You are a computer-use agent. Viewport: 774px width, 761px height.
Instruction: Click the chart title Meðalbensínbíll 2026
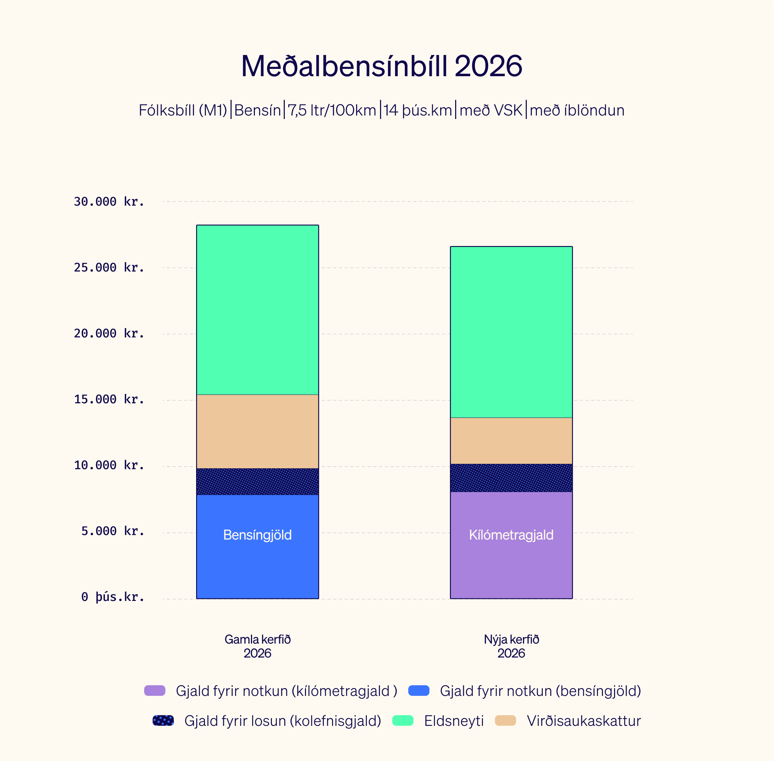coord(381,66)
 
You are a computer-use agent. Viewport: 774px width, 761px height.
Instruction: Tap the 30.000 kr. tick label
coord(108,201)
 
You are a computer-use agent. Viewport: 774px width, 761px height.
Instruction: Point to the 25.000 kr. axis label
coord(108,267)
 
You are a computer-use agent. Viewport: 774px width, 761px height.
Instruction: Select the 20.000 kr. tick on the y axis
coord(108,333)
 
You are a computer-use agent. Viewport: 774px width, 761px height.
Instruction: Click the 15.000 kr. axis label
coord(108,399)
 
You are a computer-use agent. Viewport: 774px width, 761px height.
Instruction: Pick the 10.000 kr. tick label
coord(108,465)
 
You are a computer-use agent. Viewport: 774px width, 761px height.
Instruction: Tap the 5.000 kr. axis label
coord(112,531)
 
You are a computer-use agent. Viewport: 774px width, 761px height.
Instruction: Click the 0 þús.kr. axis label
coord(112,597)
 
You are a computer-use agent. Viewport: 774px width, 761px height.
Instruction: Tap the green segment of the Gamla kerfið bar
coord(257,310)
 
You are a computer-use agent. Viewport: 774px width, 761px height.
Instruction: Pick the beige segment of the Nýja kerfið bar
coord(511,441)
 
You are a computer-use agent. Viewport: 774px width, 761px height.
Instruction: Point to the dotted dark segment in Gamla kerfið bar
coord(257,482)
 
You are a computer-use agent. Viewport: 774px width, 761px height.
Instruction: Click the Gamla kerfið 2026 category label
coord(257,646)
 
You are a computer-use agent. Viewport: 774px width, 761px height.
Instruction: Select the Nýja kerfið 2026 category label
coord(511,646)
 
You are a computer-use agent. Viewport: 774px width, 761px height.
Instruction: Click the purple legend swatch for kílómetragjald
coord(155,691)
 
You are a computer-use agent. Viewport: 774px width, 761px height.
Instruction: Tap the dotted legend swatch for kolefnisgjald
coord(163,721)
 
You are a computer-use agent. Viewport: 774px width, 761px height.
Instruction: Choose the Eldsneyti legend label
coord(454,721)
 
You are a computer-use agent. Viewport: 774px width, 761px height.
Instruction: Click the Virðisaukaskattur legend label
coord(583,721)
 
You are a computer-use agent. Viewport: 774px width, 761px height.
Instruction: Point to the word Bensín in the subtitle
coord(257,110)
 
